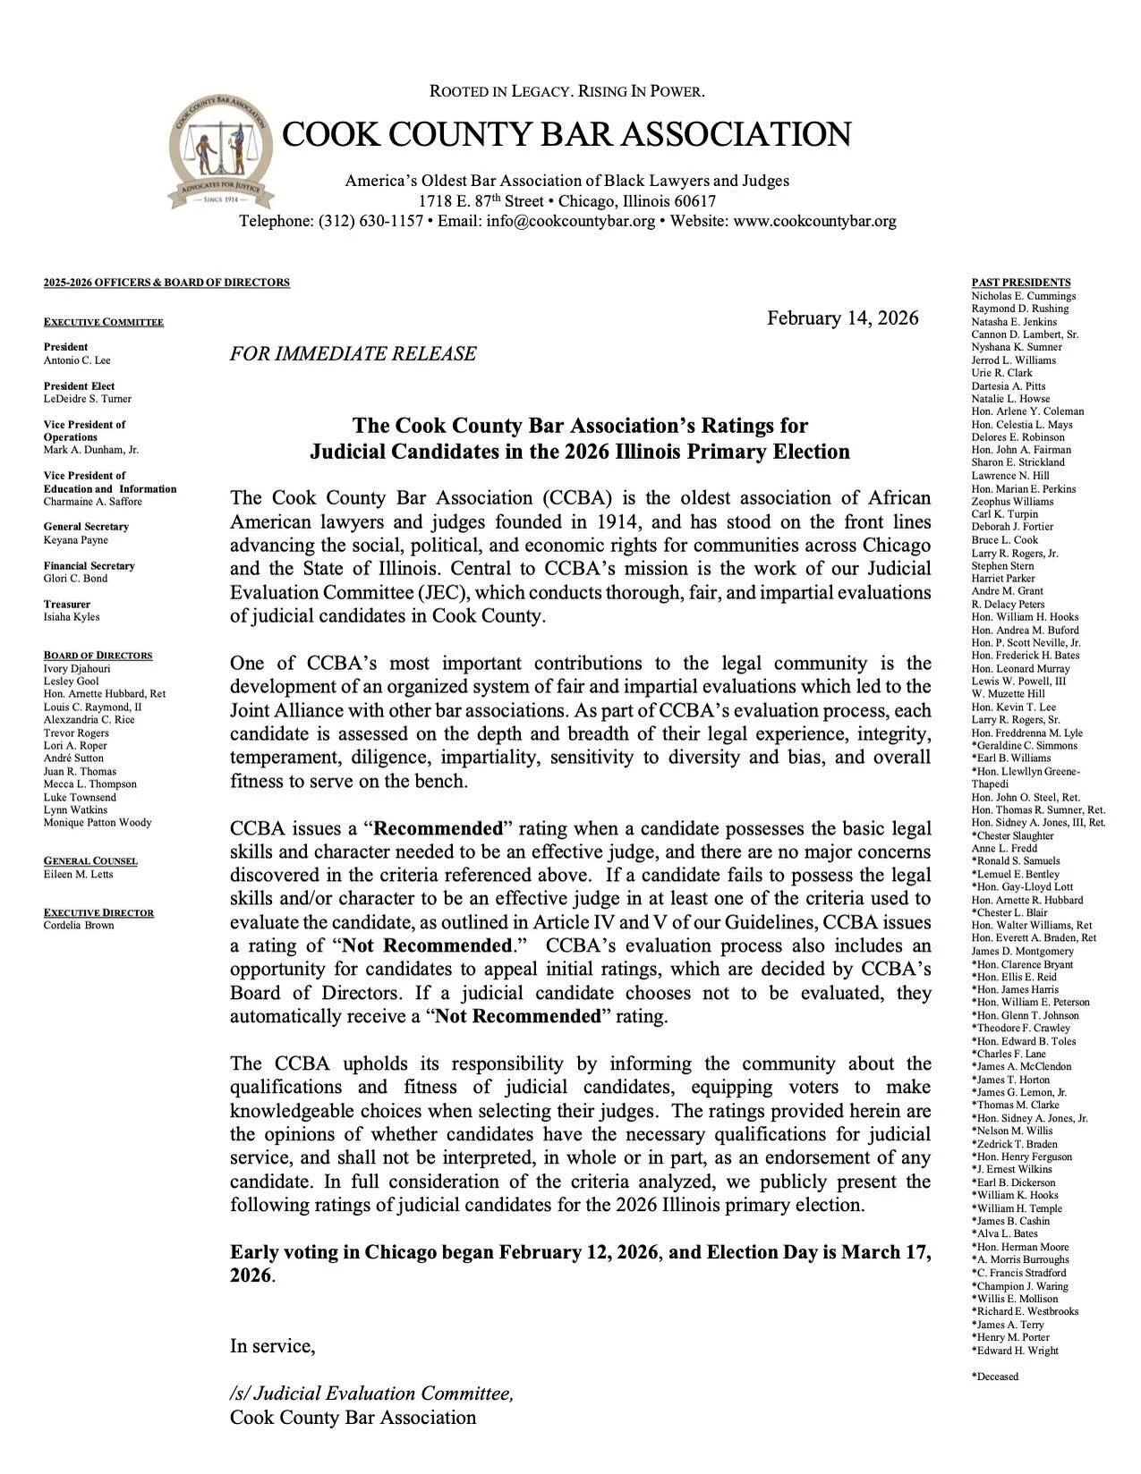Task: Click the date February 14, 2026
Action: [842, 319]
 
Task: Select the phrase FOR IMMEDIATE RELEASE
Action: [353, 354]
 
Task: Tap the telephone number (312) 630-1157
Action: [370, 221]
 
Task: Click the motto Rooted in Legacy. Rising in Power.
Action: [567, 91]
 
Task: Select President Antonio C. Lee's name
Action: [77, 360]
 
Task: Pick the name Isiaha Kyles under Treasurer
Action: [72, 617]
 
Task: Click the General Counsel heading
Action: [90, 861]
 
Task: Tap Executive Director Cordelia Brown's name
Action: [79, 926]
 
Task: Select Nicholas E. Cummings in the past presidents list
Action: [1023, 296]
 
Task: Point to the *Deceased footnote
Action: [994, 1377]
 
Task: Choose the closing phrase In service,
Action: [272, 1346]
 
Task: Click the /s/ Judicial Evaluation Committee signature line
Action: [371, 1394]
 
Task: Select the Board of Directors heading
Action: [98, 656]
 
